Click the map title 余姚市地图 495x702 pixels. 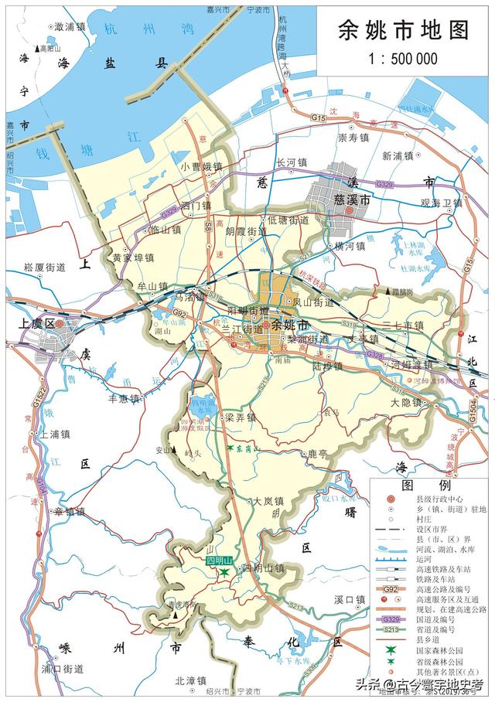[x=403, y=30]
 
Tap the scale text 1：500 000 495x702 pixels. [x=403, y=59]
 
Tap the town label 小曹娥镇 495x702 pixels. [x=201, y=166]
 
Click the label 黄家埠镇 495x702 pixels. [x=134, y=257]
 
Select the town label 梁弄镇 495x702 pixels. [x=240, y=417]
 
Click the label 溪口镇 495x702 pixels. [x=350, y=599]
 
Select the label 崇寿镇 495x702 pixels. [x=355, y=139]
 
